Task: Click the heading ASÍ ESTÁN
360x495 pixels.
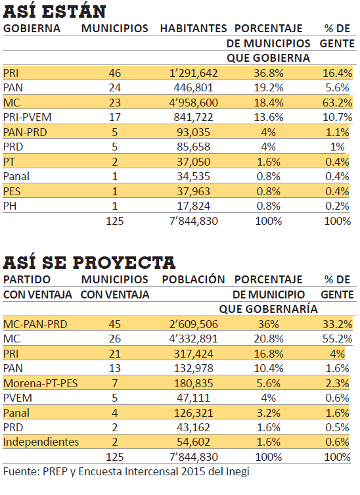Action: (55, 12)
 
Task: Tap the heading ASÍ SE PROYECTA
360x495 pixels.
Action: (89, 262)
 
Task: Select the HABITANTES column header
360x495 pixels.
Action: (193, 28)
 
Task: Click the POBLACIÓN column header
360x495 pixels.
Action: (193, 279)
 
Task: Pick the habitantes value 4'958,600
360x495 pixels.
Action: (193, 103)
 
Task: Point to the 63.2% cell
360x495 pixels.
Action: (337, 103)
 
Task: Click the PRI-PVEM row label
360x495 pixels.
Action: (27, 117)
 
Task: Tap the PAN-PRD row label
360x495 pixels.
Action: (25, 132)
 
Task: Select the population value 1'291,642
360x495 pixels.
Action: (193, 73)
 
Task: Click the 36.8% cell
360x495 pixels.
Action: (269, 73)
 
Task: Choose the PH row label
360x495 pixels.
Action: (10, 206)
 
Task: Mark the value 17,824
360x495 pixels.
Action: (193, 206)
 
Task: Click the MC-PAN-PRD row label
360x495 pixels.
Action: (35, 324)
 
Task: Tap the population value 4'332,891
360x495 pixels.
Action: (193, 339)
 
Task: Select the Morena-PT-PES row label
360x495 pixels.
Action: (40, 383)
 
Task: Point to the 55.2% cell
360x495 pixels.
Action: (337, 339)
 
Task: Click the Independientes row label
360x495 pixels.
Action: (41, 442)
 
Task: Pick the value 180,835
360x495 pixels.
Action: (193, 383)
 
